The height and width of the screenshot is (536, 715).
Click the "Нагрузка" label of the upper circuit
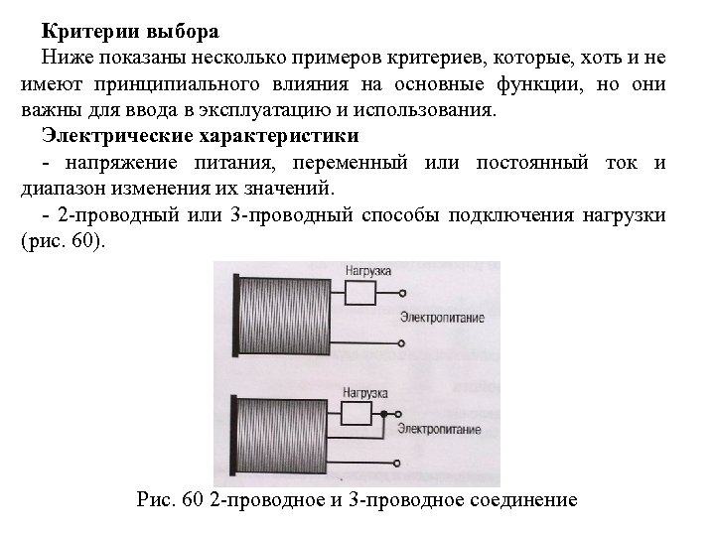click(367, 270)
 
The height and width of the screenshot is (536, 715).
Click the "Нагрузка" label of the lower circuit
click(363, 391)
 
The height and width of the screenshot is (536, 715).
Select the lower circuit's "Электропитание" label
click(438, 429)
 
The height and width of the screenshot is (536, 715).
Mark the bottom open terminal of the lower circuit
click(397, 463)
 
